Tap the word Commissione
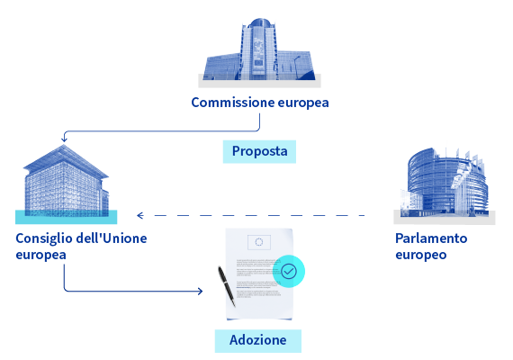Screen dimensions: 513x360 (x=232, y=103)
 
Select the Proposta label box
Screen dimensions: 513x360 (x=259, y=151)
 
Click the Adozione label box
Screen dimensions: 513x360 (x=258, y=341)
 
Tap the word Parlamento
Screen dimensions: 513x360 (x=431, y=238)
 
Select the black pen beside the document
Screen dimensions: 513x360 (x=227, y=286)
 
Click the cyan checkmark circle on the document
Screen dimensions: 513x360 (x=289, y=271)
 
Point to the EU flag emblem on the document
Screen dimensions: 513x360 (x=259, y=242)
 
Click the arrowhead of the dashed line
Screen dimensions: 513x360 (x=140, y=215)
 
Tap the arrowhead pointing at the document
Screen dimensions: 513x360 (x=200, y=291)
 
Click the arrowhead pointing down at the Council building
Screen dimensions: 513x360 (x=64, y=139)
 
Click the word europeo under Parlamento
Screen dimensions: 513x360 (x=420, y=255)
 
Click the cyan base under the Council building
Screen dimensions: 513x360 (x=66, y=217)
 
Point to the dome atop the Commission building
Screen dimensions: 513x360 (x=259, y=22)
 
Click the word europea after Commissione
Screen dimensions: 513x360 (x=303, y=103)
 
